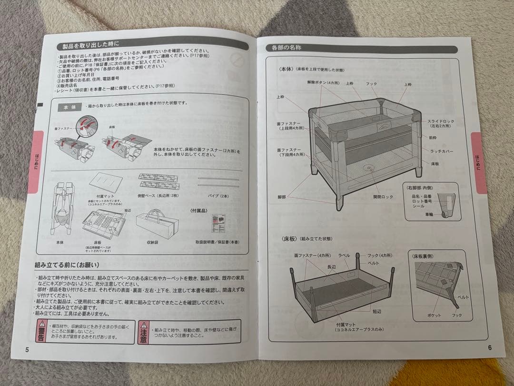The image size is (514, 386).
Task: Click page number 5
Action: [x=27, y=349]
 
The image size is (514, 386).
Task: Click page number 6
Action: [x=489, y=347]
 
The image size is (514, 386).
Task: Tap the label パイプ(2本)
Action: [x=218, y=195]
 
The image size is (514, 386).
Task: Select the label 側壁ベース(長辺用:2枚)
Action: [x=158, y=195]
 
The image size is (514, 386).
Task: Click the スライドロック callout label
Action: [x=440, y=122]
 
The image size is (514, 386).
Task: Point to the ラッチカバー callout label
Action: [x=440, y=152]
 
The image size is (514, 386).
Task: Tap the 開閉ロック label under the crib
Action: [x=383, y=196]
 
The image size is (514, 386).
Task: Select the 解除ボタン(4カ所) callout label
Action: [x=323, y=82]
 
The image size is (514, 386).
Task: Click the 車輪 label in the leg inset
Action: [x=429, y=215]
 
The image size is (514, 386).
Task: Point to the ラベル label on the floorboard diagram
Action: [x=344, y=256]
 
